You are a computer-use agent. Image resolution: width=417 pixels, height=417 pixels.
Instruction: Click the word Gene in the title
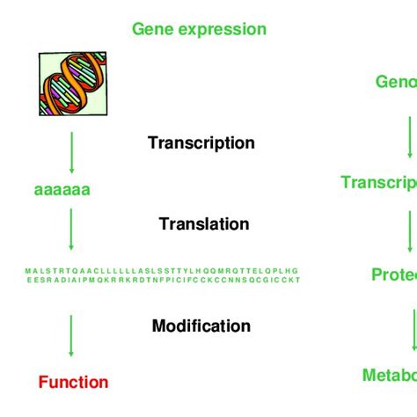[x=150, y=29]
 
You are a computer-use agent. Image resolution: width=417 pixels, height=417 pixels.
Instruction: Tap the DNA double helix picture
[x=72, y=82]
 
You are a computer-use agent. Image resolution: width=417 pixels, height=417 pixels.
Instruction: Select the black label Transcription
[x=201, y=143]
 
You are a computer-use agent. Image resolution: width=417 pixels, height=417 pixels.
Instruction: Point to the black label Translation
[x=204, y=224]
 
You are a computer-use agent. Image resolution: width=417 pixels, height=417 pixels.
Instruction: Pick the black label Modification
[x=201, y=326]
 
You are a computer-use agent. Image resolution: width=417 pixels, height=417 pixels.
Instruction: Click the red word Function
[x=73, y=383]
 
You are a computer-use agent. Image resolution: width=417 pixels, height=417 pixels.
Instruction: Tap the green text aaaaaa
[x=62, y=189]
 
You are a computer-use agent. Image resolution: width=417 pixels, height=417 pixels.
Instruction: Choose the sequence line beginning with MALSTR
[x=162, y=270]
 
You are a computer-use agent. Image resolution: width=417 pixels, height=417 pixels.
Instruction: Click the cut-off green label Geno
[x=396, y=82]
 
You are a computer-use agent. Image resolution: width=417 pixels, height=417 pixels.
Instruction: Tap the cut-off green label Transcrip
[x=379, y=182]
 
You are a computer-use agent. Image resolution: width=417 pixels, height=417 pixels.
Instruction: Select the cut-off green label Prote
[x=393, y=275]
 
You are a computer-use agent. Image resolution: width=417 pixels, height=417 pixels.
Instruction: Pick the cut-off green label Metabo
[x=389, y=376]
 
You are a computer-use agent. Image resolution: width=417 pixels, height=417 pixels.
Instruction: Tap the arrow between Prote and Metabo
[x=413, y=327]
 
